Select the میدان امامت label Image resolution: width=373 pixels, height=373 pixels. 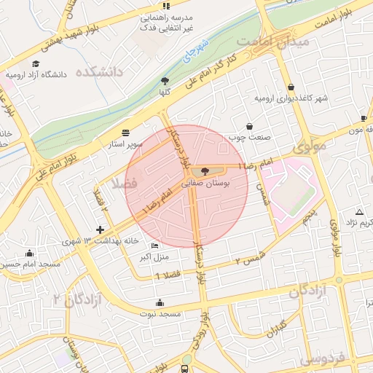tap(278, 42)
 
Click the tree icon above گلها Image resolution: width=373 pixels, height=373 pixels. tap(165, 82)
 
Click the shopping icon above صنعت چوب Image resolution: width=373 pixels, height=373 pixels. tap(250, 125)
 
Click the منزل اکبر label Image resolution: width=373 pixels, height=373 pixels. tap(154, 257)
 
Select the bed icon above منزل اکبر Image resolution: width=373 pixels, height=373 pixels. tap(154, 246)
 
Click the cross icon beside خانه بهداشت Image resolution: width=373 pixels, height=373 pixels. tap(100, 230)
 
